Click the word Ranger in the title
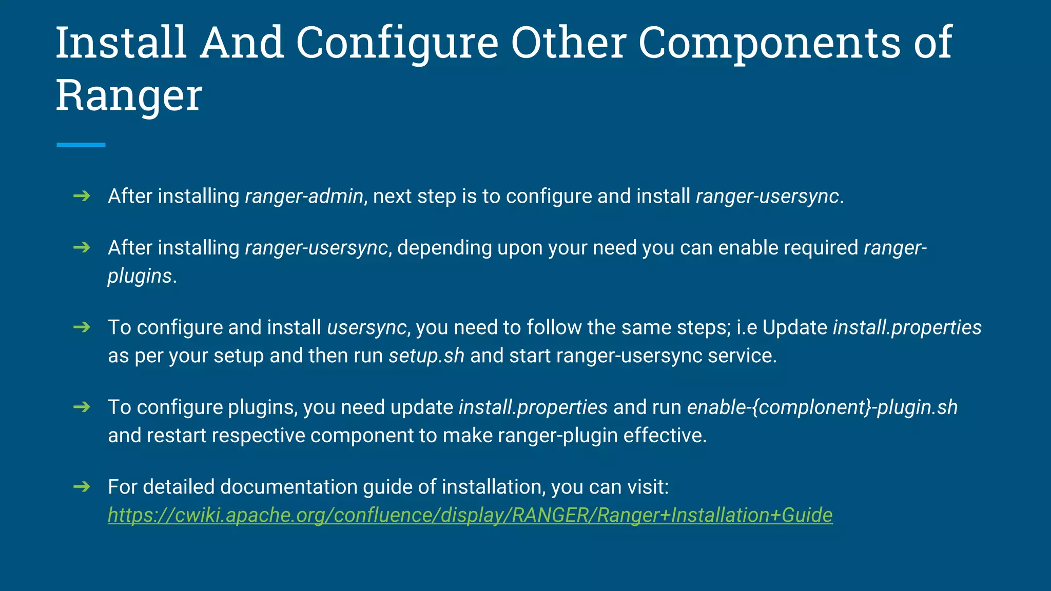click(129, 95)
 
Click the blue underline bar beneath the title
click(81, 145)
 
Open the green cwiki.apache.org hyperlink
click(470, 515)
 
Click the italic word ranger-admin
click(304, 196)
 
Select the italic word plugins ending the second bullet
click(140, 276)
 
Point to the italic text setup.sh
click(426, 356)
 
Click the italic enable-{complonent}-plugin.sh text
click(822, 407)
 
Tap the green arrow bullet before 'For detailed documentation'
click(82, 486)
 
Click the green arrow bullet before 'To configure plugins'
click(82, 407)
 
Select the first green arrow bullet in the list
click(82, 195)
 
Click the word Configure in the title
click(397, 43)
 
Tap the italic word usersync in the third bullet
click(366, 327)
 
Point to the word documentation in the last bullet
click(288, 487)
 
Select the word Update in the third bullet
click(794, 327)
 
